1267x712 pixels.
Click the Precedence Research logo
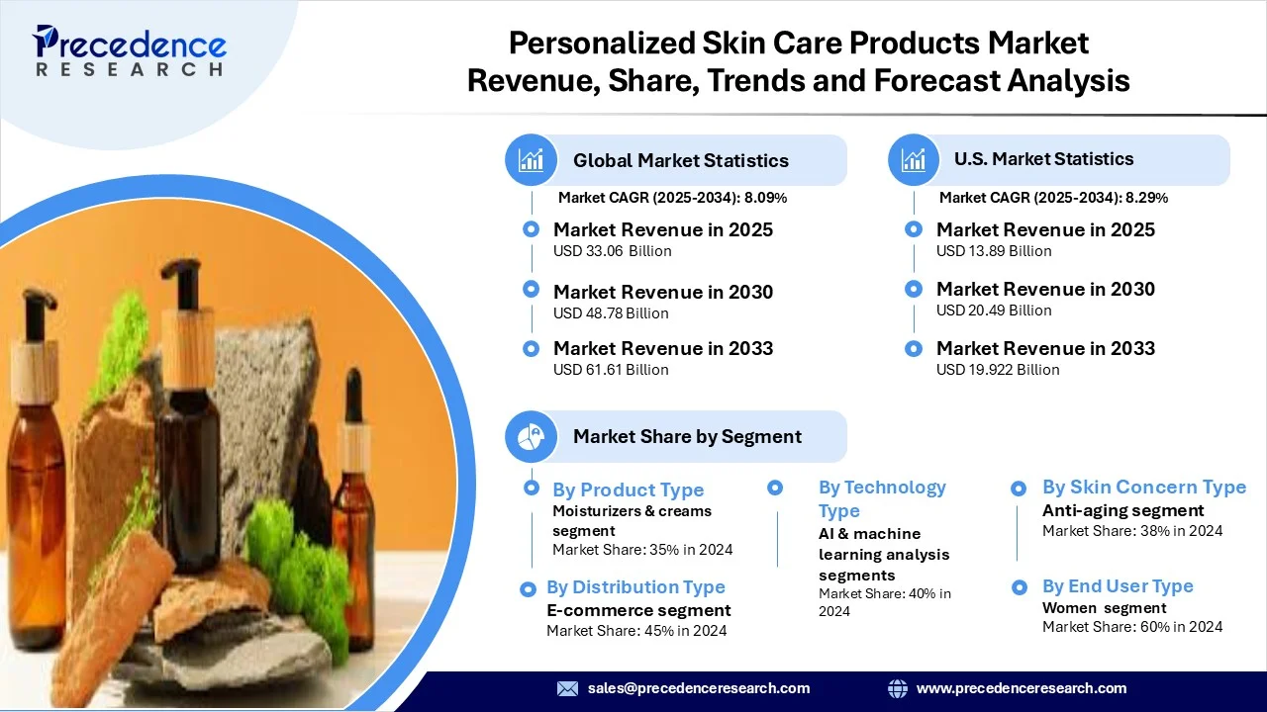[130, 50]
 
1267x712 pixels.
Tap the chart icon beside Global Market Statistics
[532, 160]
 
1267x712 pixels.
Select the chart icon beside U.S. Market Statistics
[914, 160]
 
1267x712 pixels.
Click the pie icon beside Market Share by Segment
[532, 437]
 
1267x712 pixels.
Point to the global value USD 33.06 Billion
[612, 251]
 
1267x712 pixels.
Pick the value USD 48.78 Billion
[611, 313]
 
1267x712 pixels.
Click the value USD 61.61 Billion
[611, 370]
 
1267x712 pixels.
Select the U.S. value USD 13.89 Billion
[994, 251]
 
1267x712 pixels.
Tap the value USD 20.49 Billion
[994, 311]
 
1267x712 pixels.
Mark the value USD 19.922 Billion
[998, 370]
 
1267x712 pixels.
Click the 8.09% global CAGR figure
[765, 198]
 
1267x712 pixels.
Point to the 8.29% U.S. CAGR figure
[1146, 198]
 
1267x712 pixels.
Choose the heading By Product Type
[628, 489]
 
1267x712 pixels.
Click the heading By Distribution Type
[635, 587]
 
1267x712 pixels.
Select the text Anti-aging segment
[1122, 510]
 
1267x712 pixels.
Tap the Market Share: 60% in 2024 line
[1132, 627]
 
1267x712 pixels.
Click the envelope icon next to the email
[567, 688]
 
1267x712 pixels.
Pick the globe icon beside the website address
[898, 688]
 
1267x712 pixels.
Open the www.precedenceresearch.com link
[1022, 688]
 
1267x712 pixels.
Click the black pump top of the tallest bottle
[182, 283]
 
